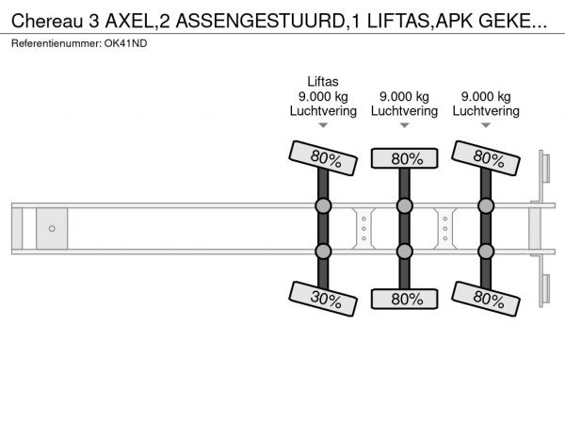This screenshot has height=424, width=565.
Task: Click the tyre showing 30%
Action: tap(323, 299)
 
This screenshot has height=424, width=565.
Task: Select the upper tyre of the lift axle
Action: tap(323, 158)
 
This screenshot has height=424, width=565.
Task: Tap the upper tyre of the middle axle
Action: tap(404, 158)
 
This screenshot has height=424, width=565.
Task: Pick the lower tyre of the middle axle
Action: tap(404, 299)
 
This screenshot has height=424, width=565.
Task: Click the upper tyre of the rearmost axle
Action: tap(486, 158)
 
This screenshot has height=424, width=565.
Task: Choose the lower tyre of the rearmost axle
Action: tap(486, 299)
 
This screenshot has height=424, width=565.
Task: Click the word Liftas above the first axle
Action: tap(323, 81)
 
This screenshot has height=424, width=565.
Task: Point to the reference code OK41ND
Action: tap(126, 43)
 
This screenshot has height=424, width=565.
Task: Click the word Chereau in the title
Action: tap(47, 22)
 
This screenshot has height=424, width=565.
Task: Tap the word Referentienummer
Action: tap(56, 43)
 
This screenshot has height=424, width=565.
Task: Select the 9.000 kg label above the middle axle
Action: tap(404, 97)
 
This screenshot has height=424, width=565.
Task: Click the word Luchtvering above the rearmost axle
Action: tap(486, 110)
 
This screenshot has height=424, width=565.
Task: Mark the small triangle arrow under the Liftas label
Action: tap(323, 125)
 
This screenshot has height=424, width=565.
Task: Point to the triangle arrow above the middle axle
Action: tap(404, 125)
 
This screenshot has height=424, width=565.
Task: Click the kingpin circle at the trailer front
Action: tap(52, 229)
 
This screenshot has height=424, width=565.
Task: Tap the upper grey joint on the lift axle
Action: tap(323, 205)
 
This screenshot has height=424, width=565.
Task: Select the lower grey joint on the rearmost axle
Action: tap(486, 252)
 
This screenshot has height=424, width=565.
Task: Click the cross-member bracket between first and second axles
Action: tap(363, 229)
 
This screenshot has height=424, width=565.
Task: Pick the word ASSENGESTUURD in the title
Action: tap(261, 22)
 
